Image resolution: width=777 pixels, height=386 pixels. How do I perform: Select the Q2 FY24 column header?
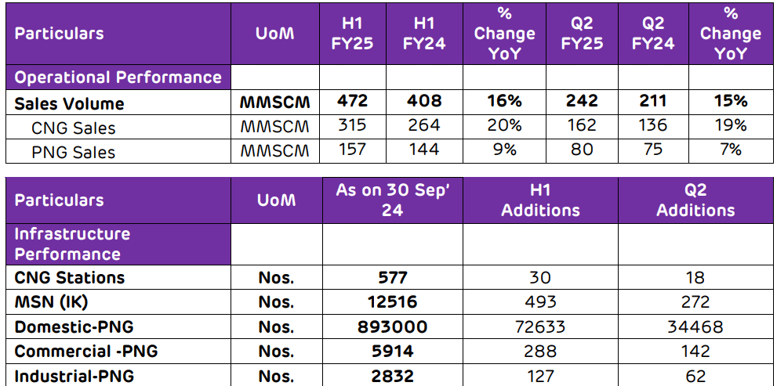coord(652,33)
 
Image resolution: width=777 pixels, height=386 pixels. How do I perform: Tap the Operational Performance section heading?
coord(118,78)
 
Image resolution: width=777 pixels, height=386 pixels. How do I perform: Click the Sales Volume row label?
coord(69,103)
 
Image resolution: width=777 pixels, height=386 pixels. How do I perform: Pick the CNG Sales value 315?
coord(352,125)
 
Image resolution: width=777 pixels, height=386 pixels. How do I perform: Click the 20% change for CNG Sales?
coord(504,125)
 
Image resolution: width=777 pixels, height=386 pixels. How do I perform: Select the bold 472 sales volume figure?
coord(352,101)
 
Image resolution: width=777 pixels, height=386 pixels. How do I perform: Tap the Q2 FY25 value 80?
coord(582,150)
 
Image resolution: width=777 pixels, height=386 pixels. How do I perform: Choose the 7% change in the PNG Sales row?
coord(730,150)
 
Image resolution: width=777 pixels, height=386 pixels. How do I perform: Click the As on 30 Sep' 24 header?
coord(392,200)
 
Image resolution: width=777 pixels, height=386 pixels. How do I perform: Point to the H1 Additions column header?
coord(540,200)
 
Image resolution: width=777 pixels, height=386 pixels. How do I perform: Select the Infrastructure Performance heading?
coord(72,244)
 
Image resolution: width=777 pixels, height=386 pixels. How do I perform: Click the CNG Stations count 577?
coord(392,277)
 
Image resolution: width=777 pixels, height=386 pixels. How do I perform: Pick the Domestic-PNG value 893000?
coord(392,326)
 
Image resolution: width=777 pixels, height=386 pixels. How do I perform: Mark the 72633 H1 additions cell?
coord(540,326)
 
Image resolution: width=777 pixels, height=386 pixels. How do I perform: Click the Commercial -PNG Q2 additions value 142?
coord(695,352)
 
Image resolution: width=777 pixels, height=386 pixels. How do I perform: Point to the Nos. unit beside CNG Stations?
coord(276,278)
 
